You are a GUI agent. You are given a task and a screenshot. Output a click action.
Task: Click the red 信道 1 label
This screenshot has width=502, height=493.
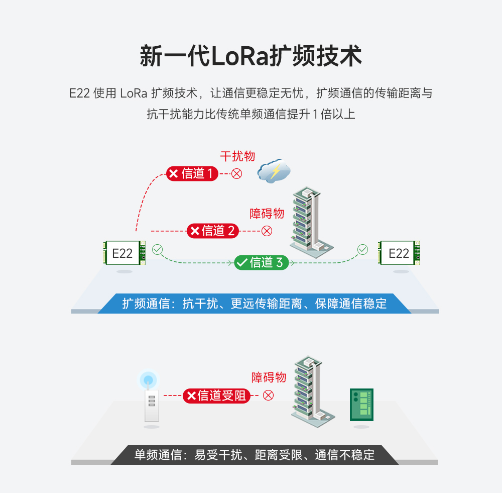192,174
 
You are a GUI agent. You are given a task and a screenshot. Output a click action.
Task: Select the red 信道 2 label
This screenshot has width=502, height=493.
212,231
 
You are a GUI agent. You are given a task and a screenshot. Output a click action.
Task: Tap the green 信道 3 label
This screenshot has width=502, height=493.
261,262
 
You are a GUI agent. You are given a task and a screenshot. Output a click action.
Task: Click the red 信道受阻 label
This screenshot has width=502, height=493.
216,396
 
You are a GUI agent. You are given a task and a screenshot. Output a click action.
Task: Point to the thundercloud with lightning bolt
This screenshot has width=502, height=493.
274,171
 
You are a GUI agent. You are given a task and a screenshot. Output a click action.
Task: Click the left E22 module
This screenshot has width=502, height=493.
124,253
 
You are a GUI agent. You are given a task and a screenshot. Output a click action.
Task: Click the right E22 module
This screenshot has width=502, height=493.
399,253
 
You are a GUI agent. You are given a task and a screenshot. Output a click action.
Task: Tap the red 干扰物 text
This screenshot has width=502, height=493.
237,156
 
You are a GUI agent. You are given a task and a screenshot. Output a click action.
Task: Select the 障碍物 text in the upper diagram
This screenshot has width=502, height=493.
267,214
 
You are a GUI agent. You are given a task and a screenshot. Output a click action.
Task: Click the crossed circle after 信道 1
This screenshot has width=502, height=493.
236,174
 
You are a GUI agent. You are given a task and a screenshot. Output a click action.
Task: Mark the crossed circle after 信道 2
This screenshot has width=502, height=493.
267,231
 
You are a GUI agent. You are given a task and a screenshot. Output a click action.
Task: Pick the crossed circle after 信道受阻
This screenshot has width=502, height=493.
269,396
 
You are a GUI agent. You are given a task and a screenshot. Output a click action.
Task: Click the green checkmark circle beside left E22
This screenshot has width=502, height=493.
158,249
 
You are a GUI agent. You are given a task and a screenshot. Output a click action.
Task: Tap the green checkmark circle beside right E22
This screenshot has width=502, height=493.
362,249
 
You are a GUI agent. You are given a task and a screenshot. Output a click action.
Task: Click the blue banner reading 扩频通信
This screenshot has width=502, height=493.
254,304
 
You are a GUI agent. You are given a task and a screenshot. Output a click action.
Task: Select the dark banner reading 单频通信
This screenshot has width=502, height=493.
254,455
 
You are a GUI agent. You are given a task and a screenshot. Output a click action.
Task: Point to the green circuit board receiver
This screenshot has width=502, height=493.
361,405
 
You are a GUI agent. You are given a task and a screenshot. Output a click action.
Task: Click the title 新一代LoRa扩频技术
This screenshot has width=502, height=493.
250,56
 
